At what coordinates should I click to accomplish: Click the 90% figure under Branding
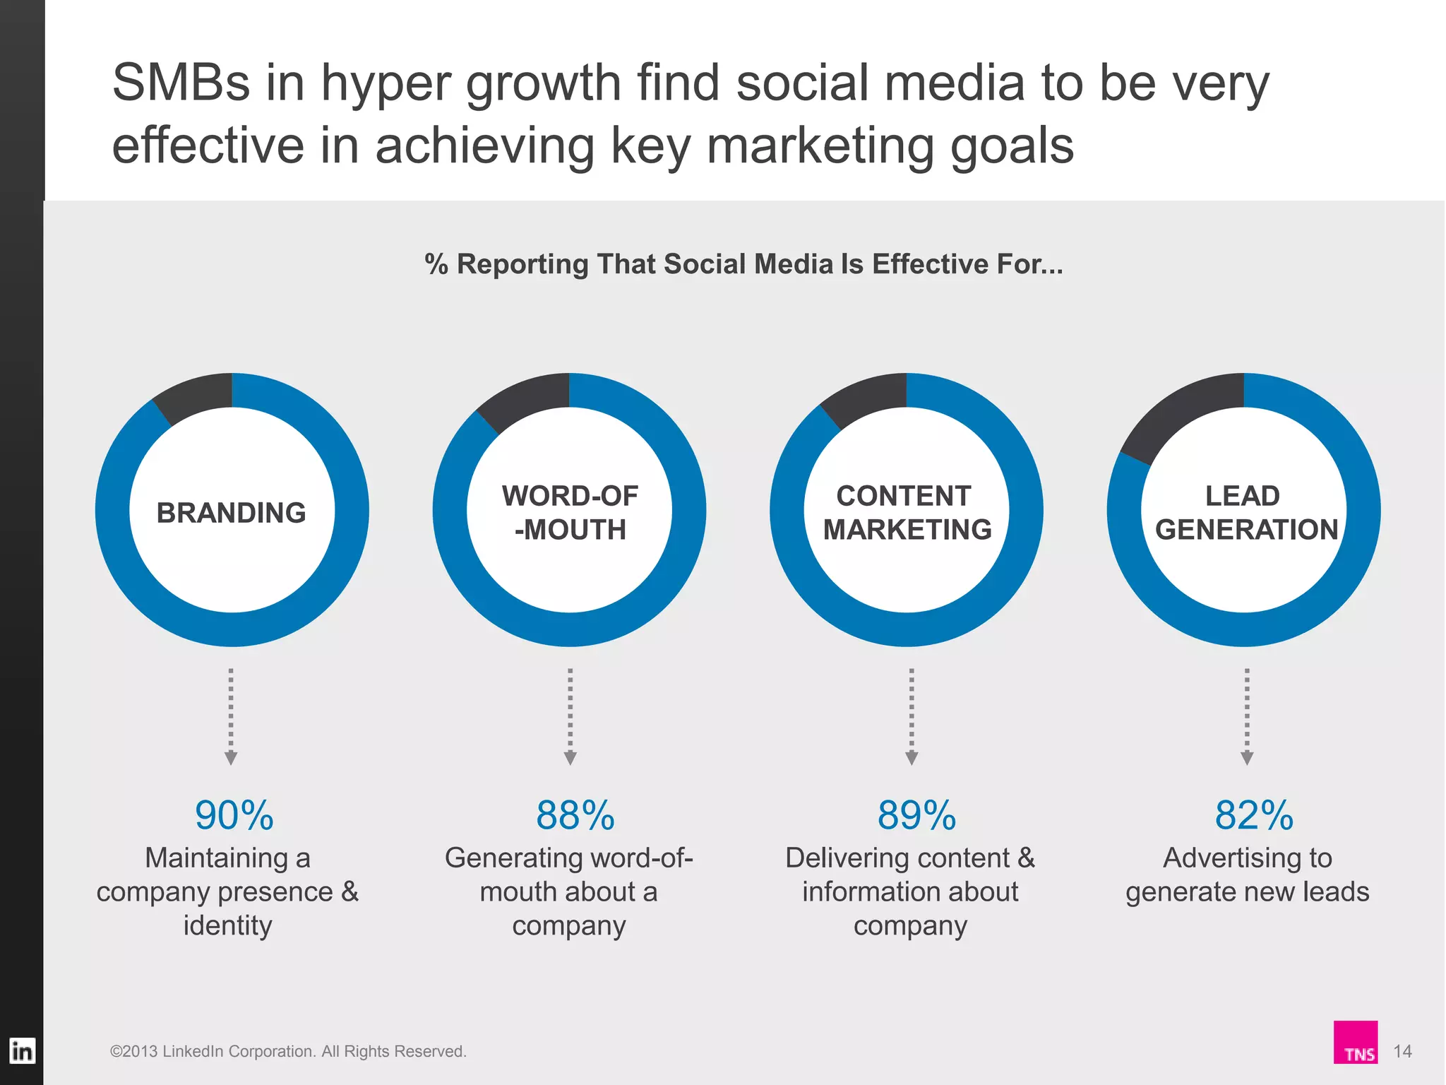click(x=234, y=815)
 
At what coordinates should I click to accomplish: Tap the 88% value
click(x=575, y=815)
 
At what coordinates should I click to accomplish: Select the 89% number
click(x=916, y=815)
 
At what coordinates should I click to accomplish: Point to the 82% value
click(x=1253, y=815)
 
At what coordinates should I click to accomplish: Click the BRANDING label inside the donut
click(x=231, y=513)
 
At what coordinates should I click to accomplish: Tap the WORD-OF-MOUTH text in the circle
click(x=570, y=513)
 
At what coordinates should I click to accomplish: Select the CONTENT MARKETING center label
click(x=907, y=513)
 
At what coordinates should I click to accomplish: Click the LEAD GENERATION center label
click(x=1245, y=513)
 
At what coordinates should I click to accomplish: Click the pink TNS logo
click(x=1355, y=1043)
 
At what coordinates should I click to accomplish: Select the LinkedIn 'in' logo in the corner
click(x=21, y=1051)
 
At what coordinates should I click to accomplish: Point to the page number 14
click(x=1402, y=1051)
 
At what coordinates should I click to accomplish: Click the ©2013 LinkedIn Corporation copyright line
click(x=288, y=1051)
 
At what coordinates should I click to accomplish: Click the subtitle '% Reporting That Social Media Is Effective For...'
click(x=743, y=264)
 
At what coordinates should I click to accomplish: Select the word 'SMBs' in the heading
click(x=181, y=83)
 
